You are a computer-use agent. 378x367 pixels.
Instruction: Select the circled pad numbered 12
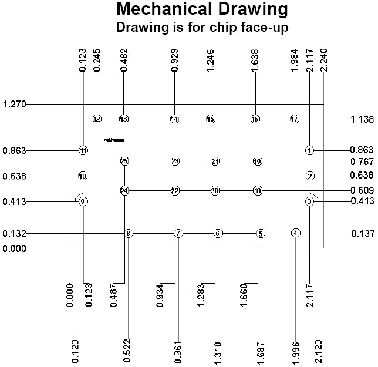pyautogui.click(x=97, y=119)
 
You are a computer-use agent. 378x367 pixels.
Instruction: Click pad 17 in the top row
pyautogui.click(x=295, y=119)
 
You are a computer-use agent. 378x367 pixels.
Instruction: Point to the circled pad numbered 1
pyautogui.click(x=310, y=150)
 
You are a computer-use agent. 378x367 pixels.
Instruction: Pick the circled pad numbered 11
pyautogui.click(x=83, y=150)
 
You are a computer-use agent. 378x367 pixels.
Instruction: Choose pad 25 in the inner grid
pyautogui.click(x=124, y=161)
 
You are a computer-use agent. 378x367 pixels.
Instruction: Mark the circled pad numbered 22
pyautogui.click(x=175, y=191)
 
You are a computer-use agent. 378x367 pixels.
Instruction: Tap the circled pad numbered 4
pyautogui.click(x=296, y=233)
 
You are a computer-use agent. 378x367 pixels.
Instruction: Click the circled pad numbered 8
pyautogui.click(x=129, y=234)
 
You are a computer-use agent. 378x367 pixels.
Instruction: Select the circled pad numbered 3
pyautogui.click(x=310, y=201)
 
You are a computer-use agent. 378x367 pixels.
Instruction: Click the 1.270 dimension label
pyautogui.click(x=14, y=105)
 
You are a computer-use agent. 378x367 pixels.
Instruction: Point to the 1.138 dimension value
pyautogui.click(x=362, y=119)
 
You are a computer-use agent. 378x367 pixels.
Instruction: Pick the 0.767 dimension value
pyautogui.click(x=362, y=161)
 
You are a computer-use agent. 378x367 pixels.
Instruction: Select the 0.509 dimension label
pyautogui.click(x=362, y=190)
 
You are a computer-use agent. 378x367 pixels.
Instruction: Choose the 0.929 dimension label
pyautogui.click(x=175, y=61)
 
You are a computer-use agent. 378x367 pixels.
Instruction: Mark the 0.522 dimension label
pyautogui.click(x=129, y=352)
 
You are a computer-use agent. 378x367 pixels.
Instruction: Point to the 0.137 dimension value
pyautogui.click(x=362, y=234)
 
